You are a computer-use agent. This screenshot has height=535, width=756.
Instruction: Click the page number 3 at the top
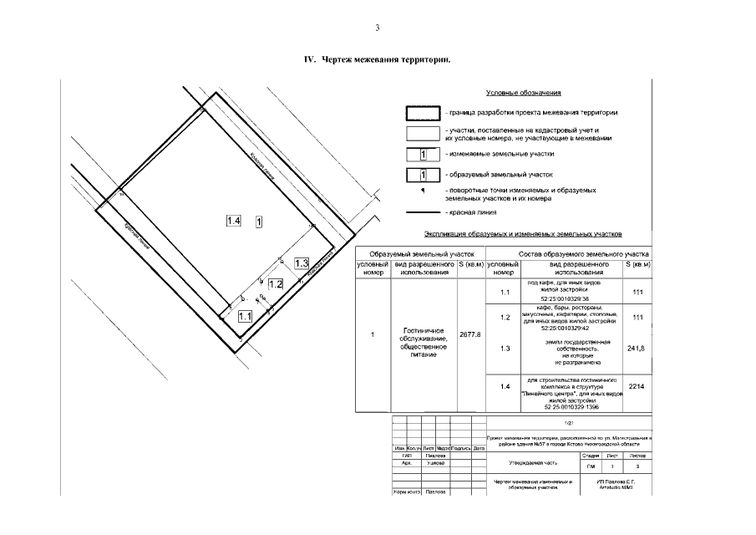pos(378,28)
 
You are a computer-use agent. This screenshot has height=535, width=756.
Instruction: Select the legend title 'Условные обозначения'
pos(523,93)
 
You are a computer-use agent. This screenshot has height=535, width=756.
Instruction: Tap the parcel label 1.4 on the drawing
pos(234,221)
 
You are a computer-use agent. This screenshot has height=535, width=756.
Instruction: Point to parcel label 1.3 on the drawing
pos(302,263)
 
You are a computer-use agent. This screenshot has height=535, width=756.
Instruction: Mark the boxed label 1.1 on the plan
pos(246,316)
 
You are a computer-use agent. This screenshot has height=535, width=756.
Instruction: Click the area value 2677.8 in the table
pos(470,334)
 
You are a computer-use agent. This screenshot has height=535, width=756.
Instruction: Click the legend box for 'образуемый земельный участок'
pos(423,175)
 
